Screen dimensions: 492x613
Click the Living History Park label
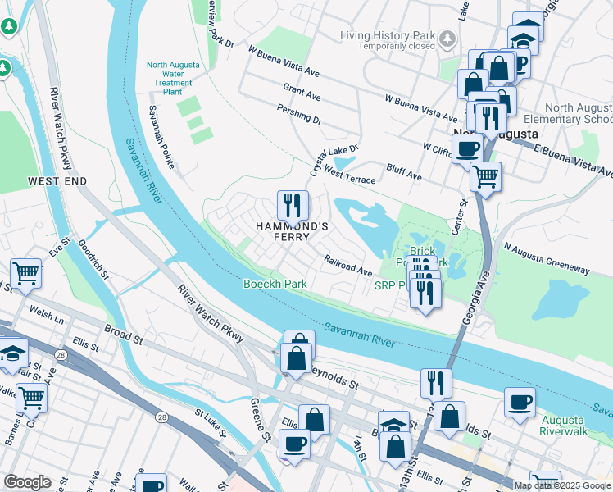388,35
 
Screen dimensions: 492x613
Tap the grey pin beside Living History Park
447,37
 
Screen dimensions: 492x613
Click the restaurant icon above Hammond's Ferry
293,205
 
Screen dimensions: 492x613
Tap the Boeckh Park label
275,284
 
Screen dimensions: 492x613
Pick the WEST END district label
57,180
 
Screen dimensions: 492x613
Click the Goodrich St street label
93,259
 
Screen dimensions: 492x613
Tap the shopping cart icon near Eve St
25,274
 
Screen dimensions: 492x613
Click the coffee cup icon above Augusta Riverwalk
520,403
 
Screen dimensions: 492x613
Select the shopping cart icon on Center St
486,175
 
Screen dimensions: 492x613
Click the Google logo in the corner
27,482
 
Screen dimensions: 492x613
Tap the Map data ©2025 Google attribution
562,485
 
